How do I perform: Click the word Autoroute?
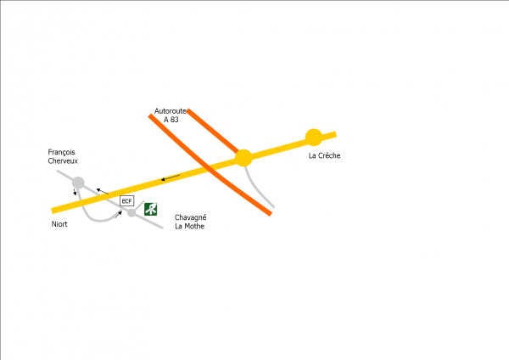171,111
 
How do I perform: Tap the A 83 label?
171,120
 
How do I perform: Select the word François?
61,152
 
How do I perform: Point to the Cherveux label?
63,160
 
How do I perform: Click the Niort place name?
59,224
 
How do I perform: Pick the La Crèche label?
324,155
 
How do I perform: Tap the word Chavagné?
191,217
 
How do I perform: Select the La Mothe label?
189,226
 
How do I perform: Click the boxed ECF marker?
127,201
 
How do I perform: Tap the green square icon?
151,209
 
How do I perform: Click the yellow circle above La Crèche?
314,138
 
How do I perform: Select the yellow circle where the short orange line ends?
243,158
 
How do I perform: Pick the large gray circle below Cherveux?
78,183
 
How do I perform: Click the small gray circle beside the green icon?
131,213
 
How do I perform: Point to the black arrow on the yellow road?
171,177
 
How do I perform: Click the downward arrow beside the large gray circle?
75,192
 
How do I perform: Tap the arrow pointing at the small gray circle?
118,215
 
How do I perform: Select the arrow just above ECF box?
103,191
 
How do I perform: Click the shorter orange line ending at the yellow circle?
213,131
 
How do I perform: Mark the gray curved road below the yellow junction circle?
255,188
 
